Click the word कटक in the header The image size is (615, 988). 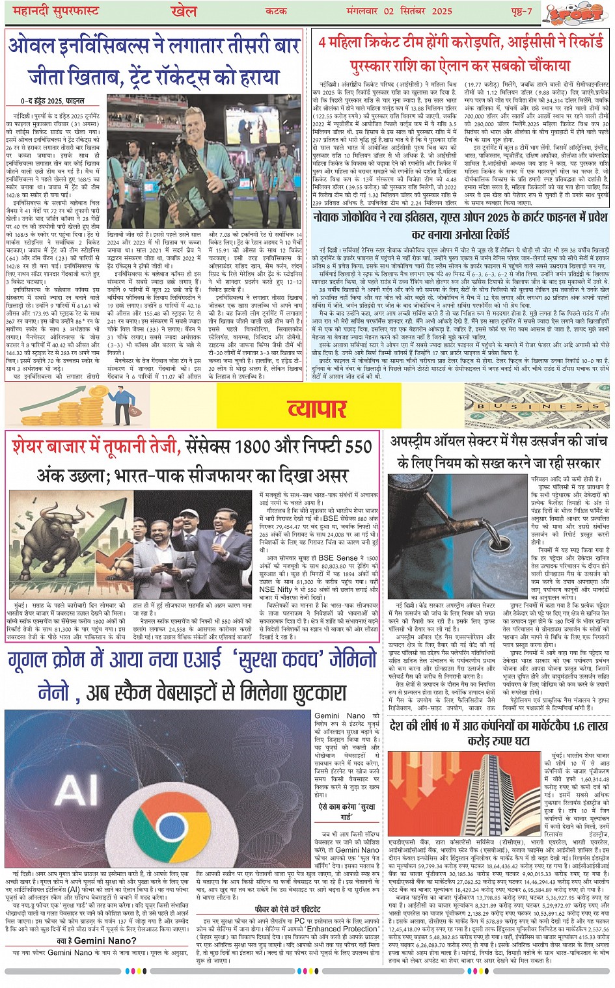pos(277,12)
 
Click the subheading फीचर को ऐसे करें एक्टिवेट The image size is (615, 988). pos(288,909)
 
